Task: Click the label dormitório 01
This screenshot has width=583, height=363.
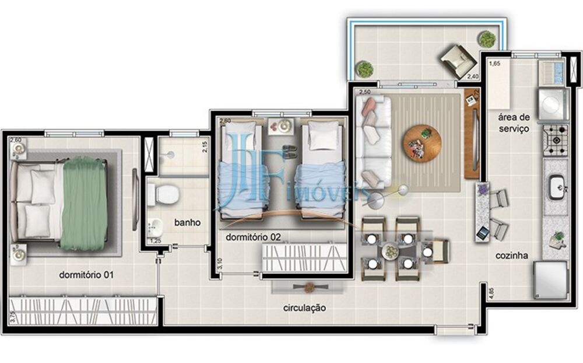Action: [x=86, y=275]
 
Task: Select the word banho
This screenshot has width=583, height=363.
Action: [x=188, y=222]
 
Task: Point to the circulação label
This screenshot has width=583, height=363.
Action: [x=304, y=308]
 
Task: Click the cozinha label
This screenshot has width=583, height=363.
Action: [x=512, y=255]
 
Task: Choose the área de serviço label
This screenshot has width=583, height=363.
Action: [x=513, y=123]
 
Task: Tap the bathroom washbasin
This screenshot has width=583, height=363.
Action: [x=154, y=226]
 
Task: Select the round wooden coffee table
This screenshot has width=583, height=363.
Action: [x=422, y=143]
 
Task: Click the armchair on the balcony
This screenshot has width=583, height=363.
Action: [x=458, y=60]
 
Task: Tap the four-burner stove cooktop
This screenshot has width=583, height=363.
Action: [x=556, y=139]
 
